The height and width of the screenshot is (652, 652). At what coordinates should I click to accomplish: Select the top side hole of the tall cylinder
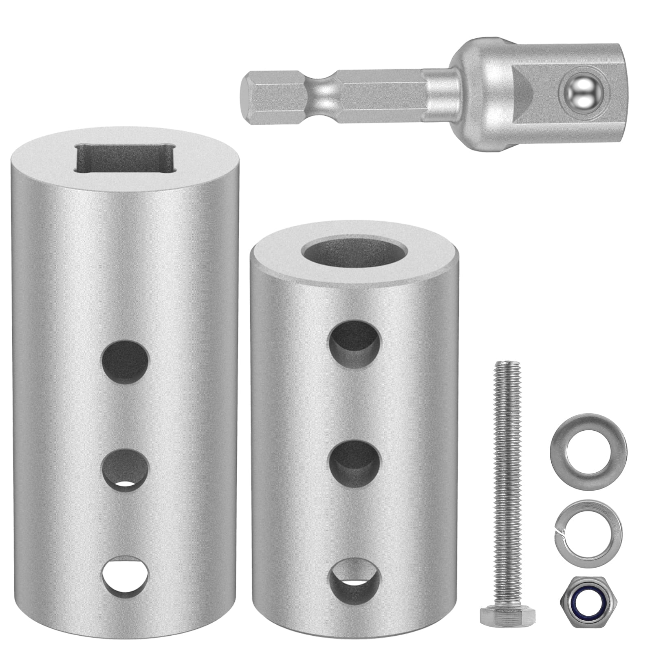(x=125, y=360)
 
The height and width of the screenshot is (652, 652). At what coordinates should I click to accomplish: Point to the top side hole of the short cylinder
(x=355, y=341)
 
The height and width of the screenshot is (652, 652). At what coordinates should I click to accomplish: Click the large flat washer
(x=588, y=452)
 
